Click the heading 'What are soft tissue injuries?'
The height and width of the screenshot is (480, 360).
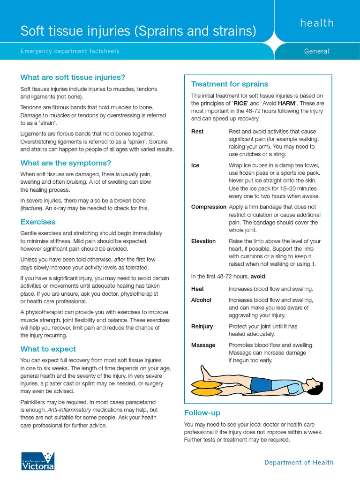coord(73,77)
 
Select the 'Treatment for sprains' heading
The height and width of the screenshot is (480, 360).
coord(229,84)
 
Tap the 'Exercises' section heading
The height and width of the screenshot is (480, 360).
coord(37,222)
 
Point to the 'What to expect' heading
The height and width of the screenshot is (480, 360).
coord(48,349)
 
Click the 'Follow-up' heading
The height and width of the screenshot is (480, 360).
coord(202,412)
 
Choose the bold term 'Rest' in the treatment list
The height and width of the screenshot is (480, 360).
coord(197,132)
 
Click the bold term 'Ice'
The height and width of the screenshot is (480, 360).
coord(195,165)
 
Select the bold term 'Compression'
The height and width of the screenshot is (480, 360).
coord(209,207)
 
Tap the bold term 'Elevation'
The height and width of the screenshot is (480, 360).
coord(203,241)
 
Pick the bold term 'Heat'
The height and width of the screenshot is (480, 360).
coord(197,289)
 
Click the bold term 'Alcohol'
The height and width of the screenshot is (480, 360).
coord(201,300)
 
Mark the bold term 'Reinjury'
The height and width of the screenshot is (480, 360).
coord(202,326)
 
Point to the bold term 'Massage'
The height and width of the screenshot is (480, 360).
coord(203,345)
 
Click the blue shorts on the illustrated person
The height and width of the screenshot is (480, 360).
coord(261,385)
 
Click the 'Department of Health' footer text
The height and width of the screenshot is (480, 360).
coord(299,463)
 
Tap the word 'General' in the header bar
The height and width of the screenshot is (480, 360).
coord(317,51)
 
